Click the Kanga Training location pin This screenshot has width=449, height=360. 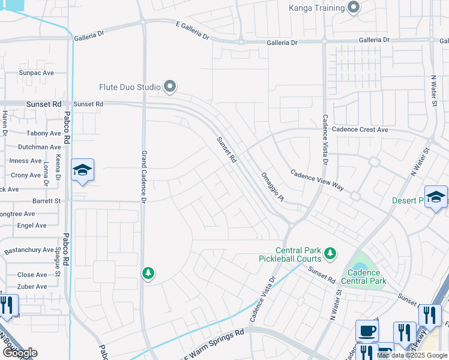coord(354,8)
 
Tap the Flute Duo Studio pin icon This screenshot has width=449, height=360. coord(170,88)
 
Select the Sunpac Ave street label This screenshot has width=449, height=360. coord(36,73)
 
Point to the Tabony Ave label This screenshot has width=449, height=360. coord(44,133)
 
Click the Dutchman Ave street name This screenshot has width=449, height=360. coord(39,146)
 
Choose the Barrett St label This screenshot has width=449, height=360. coord(46,201)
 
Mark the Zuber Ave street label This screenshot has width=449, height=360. coord(32,286)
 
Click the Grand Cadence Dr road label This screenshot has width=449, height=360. coord(143,175)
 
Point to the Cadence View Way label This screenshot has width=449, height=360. coord(317,179)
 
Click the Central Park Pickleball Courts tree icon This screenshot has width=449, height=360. coord(330,254)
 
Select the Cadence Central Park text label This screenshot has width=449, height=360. coord(363,277)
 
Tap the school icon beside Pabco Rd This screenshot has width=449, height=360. coord(82,170)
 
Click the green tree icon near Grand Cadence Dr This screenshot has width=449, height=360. coord(148,274)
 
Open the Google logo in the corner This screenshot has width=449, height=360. coord(20,353)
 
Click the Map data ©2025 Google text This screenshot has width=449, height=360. coord(412,355)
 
